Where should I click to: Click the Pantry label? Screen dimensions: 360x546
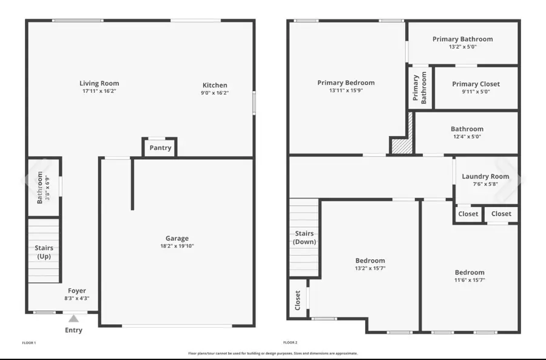pos(160,148)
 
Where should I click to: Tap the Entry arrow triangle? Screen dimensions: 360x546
pos(73,318)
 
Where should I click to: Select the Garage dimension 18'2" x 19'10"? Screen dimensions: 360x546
pos(177,246)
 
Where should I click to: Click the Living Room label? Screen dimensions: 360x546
pos(99,83)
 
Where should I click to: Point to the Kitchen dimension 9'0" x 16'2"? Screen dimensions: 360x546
pos(215,93)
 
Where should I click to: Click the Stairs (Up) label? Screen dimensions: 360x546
pos(44,252)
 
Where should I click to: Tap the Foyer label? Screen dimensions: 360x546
pos(77,291)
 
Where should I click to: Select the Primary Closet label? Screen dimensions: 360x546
pos(476,84)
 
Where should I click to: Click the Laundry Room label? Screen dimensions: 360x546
pos(485,177)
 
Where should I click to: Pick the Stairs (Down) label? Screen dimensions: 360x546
pos(305,237)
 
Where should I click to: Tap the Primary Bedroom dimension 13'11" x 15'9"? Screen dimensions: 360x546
pos(346,91)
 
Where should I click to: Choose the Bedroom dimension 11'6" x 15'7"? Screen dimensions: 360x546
pos(470,280)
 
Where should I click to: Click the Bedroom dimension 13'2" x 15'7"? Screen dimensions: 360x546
pos(370,268)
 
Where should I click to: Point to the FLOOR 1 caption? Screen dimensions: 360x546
pos(29,343)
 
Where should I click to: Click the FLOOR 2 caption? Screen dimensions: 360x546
pos(290,343)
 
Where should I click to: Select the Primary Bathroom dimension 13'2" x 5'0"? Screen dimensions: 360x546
pos(462,47)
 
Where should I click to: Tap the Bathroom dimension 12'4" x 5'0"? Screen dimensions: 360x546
pos(467,137)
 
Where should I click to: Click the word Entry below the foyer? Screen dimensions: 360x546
pos(73,330)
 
